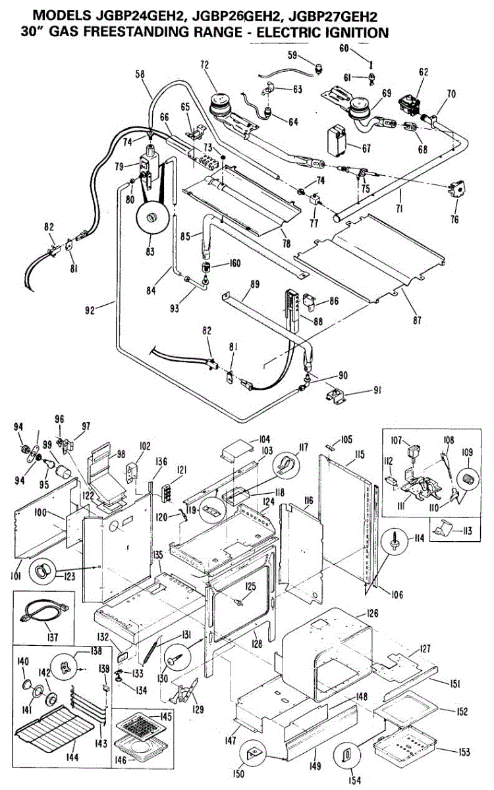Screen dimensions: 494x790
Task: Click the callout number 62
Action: point(424,72)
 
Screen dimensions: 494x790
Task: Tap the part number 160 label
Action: point(234,263)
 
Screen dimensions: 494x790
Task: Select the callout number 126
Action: point(372,613)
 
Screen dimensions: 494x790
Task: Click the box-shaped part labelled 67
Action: point(337,141)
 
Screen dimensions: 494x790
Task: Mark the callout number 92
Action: point(90,310)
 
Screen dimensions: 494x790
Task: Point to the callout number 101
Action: point(16,575)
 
